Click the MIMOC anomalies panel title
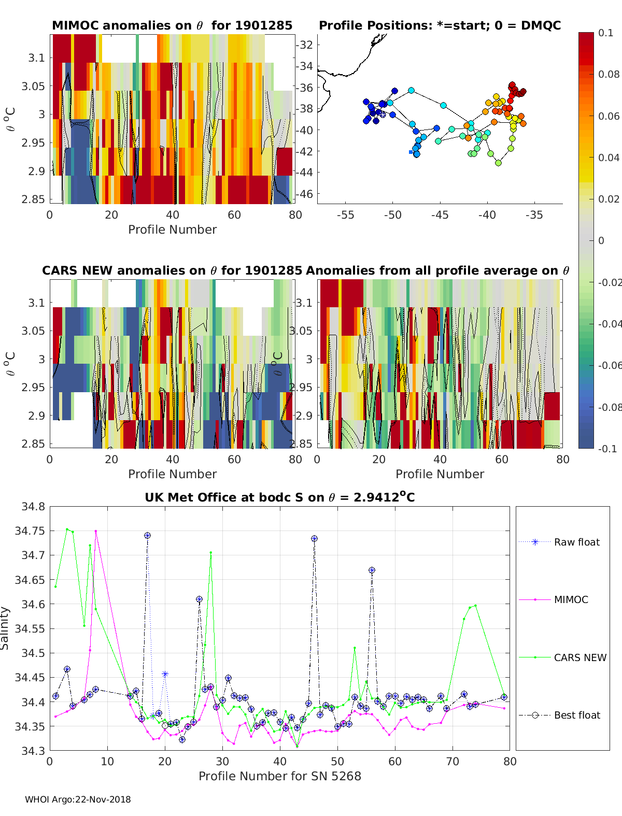point(172,25)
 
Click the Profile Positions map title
point(440,25)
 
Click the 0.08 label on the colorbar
point(609,74)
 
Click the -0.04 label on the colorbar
point(609,324)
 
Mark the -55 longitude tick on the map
point(345,215)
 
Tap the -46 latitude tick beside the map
point(305,194)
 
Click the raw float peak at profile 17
point(147,535)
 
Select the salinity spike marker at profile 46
point(314,539)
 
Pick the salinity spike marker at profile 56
point(372,570)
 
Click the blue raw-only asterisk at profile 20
point(165,674)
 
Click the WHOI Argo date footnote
point(78,799)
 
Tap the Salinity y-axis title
point(5,628)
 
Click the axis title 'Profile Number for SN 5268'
point(279,776)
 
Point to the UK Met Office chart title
point(279,497)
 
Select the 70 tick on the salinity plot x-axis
point(453,761)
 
